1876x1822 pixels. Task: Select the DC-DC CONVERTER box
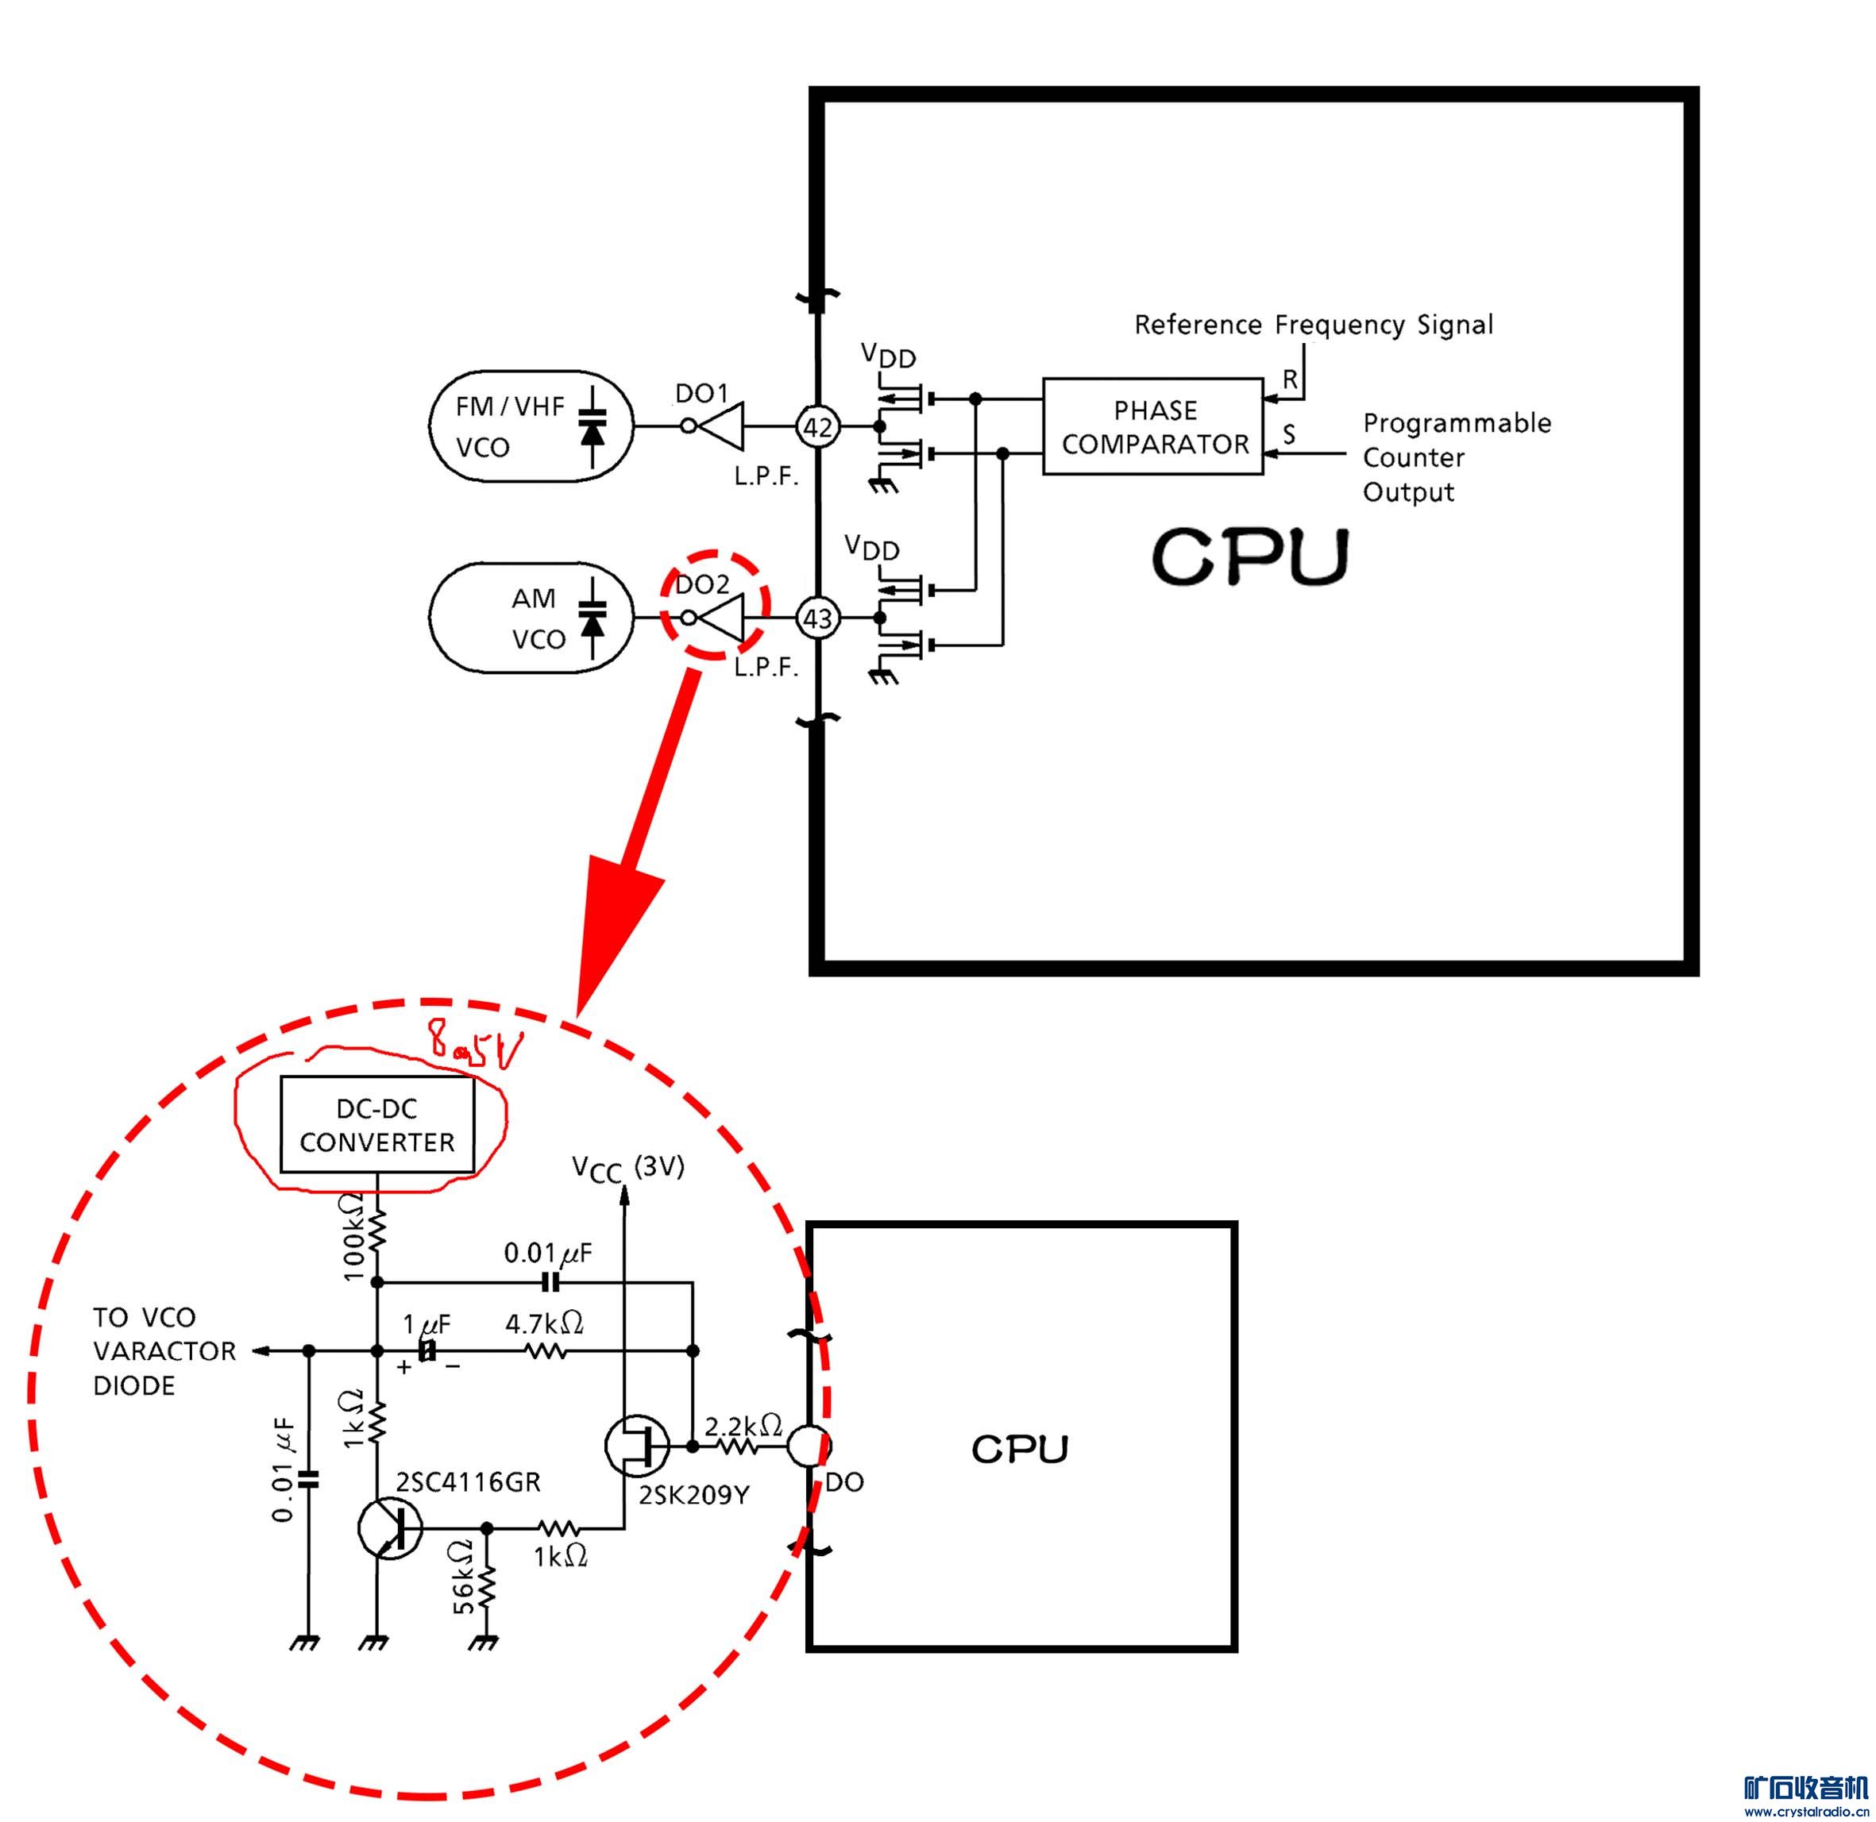click(377, 1126)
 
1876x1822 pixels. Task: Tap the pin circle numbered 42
click(817, 427)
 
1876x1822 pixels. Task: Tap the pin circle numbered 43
click(817, 618)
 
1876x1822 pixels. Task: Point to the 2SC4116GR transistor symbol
click(388, 1529)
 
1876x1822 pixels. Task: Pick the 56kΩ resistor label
click(464, 1589)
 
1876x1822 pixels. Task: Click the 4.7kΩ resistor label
click(545, 1324)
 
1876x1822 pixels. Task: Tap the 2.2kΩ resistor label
click(743, 1427)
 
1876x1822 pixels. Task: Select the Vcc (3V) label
click(628, 1168)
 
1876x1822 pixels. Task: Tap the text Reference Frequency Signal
click(1313, 325)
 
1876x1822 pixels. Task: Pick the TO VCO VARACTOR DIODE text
click(164, 1351)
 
